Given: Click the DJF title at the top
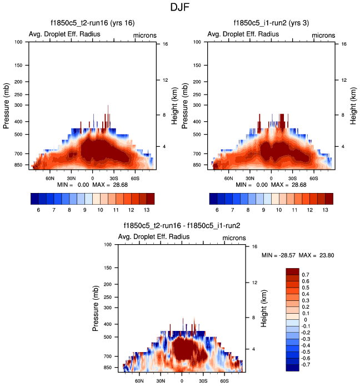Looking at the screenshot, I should pos(180,8).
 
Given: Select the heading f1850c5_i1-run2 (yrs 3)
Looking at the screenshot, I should pos(271,22).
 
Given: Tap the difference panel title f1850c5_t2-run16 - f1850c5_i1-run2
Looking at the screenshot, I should pos(182,225).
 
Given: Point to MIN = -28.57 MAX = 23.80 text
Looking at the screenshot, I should pos(298,255).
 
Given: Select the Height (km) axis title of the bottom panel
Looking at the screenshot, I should pos(265,306).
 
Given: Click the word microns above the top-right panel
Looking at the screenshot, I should pos(323,35).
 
